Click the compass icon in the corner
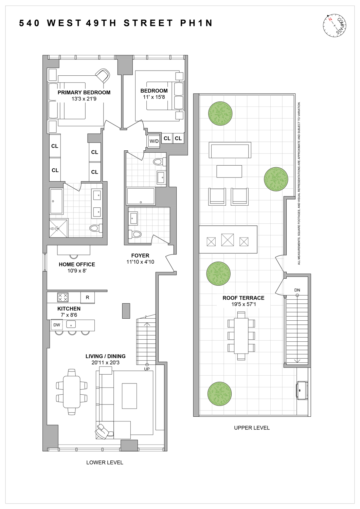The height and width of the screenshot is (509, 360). click(335, 25)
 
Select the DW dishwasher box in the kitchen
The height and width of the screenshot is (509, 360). click(57, 325)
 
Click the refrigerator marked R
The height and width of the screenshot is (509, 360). click(87, 298)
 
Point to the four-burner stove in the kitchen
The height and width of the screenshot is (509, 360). click(63, 297)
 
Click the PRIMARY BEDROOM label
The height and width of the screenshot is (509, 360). click(84, 92)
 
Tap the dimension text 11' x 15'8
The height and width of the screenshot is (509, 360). click(154, 97)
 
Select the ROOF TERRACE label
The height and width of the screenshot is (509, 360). click(243, 298)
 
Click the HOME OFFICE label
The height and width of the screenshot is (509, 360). click(77, 264)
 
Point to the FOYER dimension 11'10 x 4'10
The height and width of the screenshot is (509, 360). click(140, 262)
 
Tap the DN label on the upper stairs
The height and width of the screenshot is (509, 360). click(297, 290)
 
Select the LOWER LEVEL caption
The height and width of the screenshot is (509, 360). click(105, 463)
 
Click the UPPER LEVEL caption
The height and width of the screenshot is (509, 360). click(252, 428)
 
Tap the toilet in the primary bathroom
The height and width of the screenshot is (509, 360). click(96, 228)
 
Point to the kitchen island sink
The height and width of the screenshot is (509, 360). click(71, 325)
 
